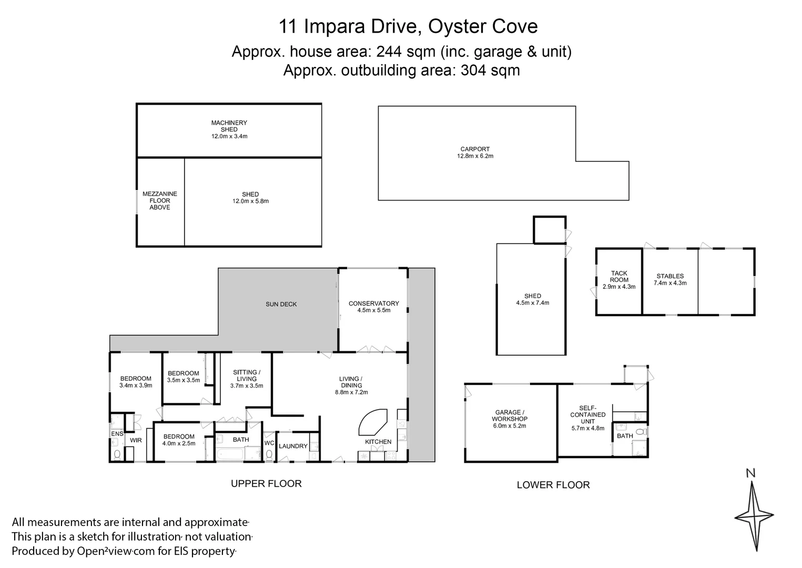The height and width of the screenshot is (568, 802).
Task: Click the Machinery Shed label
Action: pos(229,126)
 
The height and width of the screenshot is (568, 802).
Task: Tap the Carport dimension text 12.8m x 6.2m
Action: pos(475,156)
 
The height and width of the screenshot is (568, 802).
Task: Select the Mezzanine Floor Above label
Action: pos(160,200)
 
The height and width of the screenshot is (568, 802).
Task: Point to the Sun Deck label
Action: pos(281,304)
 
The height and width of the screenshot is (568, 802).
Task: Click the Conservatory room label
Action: pos(373,303)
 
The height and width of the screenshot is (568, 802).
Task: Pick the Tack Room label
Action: pos(619,277)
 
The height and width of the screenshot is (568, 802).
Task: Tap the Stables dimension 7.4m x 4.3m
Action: pos(670,283)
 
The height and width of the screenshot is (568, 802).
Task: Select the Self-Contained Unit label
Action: pos(588,414)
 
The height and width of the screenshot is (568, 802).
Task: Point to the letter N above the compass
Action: pos(751,473)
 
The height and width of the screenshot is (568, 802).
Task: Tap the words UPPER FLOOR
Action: pos(266,483)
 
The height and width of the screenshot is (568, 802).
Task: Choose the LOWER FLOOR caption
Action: pos(553,485)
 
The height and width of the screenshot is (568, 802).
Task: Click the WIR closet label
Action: pos(136,440)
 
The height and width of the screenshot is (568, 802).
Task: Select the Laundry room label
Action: pos(293,446)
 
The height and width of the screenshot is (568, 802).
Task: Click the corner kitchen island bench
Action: pos(374,420)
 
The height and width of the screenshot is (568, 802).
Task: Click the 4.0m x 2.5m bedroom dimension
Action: pos(179,443)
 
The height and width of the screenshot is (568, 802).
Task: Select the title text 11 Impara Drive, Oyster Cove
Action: pos(401,26)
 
